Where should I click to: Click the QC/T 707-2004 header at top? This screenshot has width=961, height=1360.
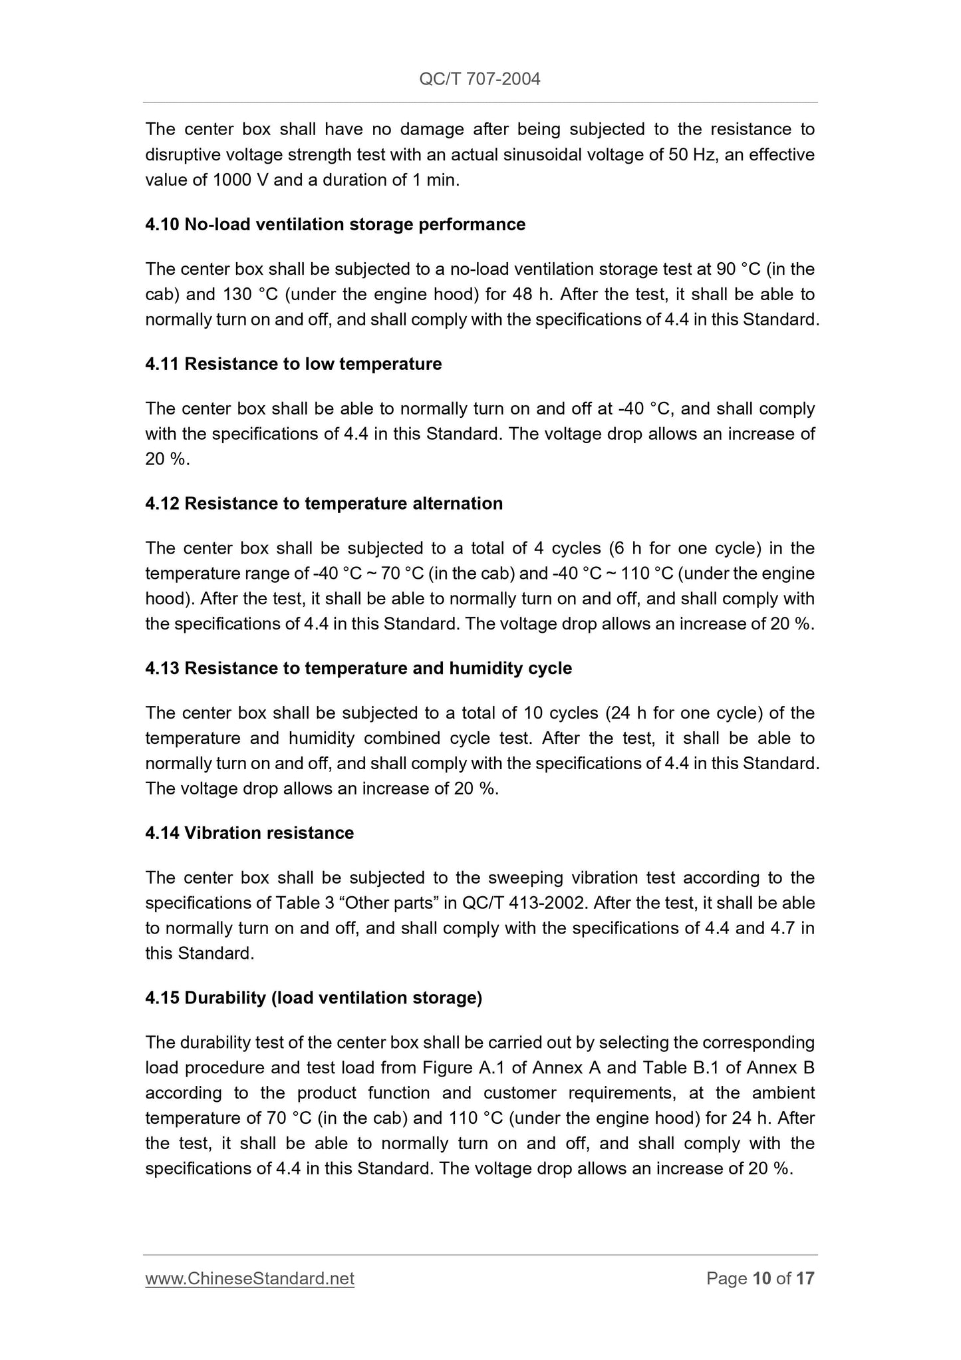click(480, 79)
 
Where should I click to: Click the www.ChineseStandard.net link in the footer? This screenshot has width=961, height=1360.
click(249, 1278)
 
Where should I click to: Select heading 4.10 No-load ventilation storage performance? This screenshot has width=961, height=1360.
click(335, 224)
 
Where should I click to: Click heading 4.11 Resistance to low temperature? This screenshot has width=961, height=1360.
click(293, 364)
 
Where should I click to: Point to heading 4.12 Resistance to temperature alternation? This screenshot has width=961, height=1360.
click(324, 503)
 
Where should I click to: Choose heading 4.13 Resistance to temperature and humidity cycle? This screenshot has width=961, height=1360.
click(358, 668)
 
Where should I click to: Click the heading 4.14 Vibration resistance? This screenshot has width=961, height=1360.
click(249, 833)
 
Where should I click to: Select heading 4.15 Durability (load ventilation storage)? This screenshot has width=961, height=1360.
click(313, 998)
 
